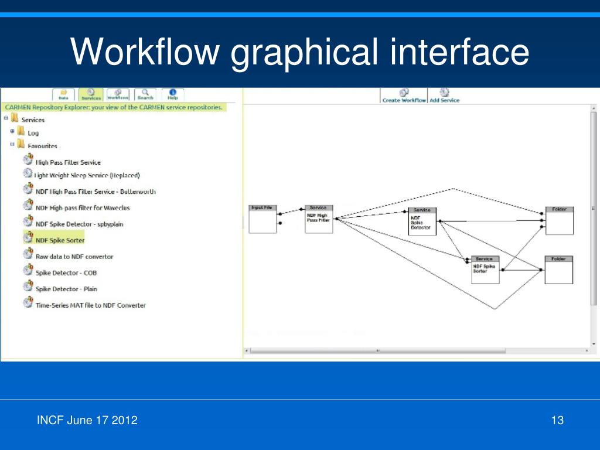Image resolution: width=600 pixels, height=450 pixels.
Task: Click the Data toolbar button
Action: coord(63,94)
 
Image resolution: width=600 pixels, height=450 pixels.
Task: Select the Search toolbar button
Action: coord(145,94)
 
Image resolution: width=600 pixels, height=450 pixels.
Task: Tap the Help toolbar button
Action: coord(173,94)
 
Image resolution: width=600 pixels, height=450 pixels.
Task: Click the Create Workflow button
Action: coord(404,96)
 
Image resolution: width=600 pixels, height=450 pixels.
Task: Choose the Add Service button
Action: coord(444,96)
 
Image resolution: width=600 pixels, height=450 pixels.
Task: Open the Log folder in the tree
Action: coord(33,133)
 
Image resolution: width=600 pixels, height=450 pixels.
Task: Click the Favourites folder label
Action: coord(42,146)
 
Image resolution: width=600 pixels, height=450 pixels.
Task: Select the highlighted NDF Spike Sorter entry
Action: coord(60,240)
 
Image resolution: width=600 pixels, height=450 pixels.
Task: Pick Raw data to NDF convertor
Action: coord(74,257)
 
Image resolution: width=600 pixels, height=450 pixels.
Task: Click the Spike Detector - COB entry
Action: coord(66,273)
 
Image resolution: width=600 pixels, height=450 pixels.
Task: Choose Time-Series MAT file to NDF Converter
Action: coord(90,305)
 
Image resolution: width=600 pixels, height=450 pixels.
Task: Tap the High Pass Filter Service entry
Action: coord(68,162)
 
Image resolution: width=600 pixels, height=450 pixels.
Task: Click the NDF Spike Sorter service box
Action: coord(485,270)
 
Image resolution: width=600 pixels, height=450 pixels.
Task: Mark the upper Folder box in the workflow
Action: coord(559,221)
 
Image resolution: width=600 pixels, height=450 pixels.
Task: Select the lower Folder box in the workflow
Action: coord(558,270)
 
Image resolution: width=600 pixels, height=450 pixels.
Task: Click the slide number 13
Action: coord(557,420)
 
